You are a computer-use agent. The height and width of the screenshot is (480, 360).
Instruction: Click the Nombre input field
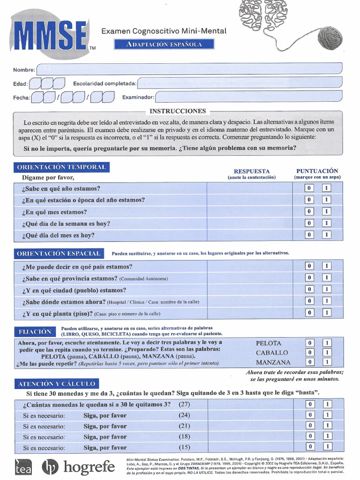(189, 69)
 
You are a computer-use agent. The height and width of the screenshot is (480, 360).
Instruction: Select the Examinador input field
(248, 97)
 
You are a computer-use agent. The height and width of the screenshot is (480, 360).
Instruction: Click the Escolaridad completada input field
(240, 83)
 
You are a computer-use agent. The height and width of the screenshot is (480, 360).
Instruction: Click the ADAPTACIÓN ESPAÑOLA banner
(164, 45)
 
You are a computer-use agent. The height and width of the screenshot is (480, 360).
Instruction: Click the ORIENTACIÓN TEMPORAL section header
(61, 167)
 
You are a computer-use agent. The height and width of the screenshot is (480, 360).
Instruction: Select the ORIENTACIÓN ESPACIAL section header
(59, 253)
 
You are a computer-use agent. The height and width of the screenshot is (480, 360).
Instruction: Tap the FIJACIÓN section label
(35, 331)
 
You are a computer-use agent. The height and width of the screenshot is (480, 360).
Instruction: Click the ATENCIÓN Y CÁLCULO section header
(56, 383)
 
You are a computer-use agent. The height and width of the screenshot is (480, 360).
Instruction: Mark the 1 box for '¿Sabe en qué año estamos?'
(327, 188)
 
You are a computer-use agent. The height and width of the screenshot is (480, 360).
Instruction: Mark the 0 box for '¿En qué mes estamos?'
(309, 211)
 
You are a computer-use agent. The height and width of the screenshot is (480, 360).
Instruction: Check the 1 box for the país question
(327, 266)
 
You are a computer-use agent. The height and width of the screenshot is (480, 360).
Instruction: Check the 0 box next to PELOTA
(309, 343)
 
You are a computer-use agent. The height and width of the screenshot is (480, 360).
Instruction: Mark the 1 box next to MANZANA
(327, 362)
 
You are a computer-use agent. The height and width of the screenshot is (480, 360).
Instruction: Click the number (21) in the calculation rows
(184, 426)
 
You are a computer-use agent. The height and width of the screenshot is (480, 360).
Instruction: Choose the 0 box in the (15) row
(309, 447)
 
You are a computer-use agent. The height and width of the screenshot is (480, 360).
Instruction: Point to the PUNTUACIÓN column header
(317, 171)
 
